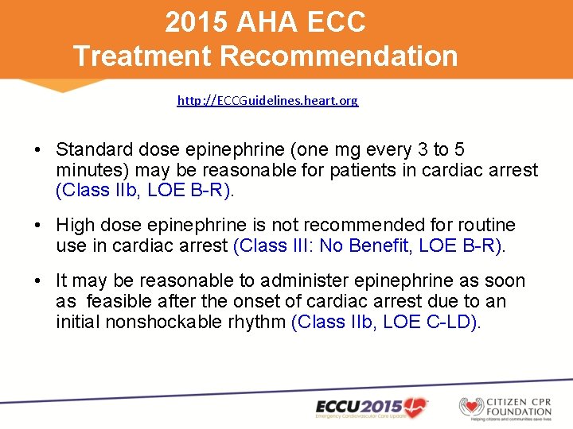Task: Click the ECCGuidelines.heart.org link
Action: point(267,101)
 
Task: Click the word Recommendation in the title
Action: point(339,56)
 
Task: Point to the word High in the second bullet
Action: point(75,226)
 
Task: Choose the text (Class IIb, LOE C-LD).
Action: point(387,322)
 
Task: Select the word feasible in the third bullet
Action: point(122,301)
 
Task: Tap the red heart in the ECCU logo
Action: point(415,407)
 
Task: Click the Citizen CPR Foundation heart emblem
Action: point(471,407)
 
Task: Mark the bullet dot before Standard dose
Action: point(38,150)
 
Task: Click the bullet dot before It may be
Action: point(38,281)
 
